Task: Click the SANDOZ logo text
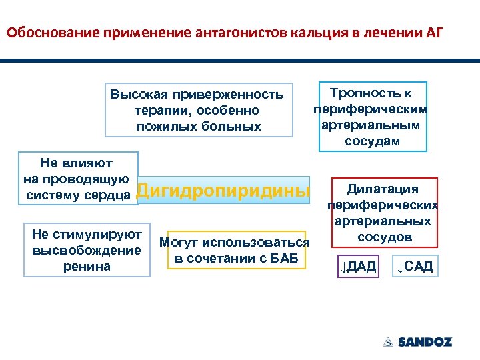[425, 342]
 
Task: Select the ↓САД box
[414, 267]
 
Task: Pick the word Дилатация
[383, 189]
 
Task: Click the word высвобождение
[87, 250]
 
